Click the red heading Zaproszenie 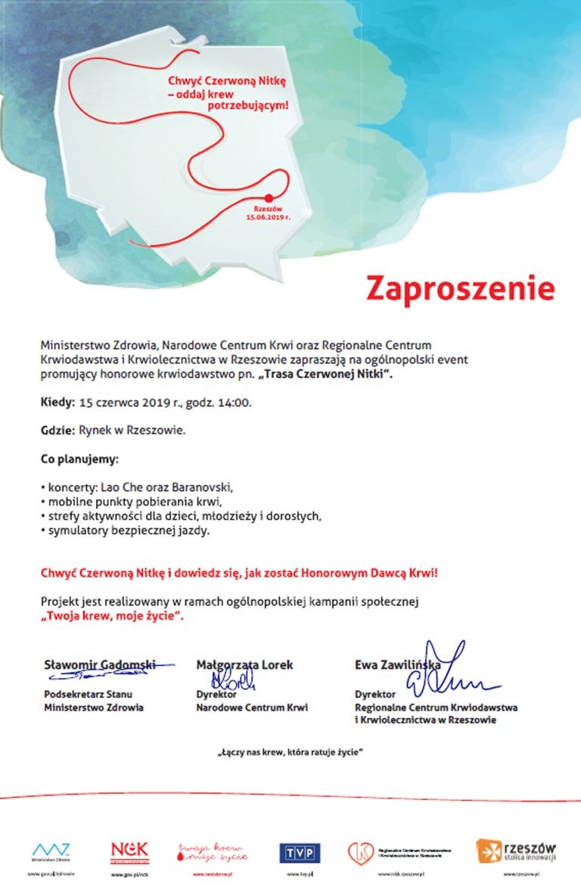coord(460,288)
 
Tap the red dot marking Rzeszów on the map coord(266,198)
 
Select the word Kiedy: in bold coord(57,402)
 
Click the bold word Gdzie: coord(57,431)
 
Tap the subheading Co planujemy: coord(79,459)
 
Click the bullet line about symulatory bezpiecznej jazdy coord(125,530)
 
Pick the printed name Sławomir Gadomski coord(100,665)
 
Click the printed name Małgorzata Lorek coord(244,665)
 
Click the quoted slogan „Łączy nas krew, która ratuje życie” coord(290,753)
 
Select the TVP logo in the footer coord(301,853)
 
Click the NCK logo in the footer coord(129,851)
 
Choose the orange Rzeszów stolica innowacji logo coord(517,851)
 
